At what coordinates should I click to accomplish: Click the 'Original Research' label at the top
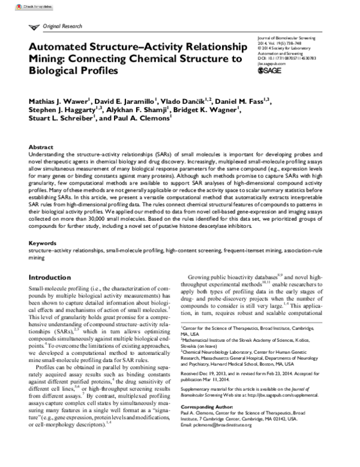(63, 27)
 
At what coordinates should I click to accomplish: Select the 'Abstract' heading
(41, 146)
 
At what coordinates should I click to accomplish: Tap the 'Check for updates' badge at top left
(19, 3)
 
